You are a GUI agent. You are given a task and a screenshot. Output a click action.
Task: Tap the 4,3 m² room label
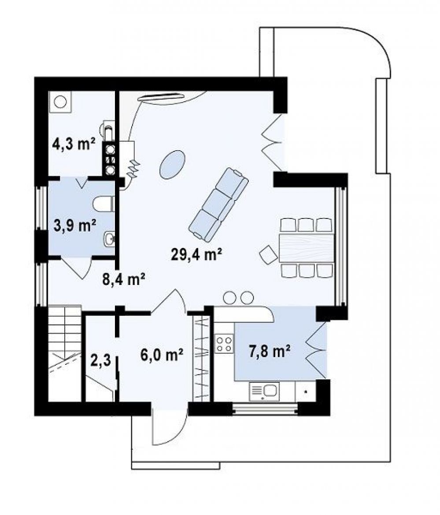[74, 144]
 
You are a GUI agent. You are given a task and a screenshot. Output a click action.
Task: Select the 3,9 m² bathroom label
[75, 226]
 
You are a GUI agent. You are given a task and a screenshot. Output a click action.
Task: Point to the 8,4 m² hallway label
[124, 280]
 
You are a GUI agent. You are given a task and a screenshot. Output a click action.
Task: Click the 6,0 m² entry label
[162, 355]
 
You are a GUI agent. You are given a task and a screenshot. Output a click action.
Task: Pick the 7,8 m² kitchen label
[269, 351]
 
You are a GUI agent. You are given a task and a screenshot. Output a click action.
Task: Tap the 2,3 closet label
[101, 360]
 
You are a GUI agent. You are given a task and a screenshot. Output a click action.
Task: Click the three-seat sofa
[218, 204]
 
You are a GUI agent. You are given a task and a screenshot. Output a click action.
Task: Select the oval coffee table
[172, 164]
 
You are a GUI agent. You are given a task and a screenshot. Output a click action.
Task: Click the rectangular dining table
[307, 247]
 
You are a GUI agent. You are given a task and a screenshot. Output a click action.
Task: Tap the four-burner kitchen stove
[224, 344]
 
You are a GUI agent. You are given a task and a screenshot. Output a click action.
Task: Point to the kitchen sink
[264, 392]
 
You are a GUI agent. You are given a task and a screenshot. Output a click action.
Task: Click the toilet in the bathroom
[104, 204]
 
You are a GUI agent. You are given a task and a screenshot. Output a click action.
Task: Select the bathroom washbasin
[109, 239]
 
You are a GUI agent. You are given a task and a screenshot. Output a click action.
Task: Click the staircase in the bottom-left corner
[65, 353]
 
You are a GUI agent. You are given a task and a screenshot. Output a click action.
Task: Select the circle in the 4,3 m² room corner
[60, 102]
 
